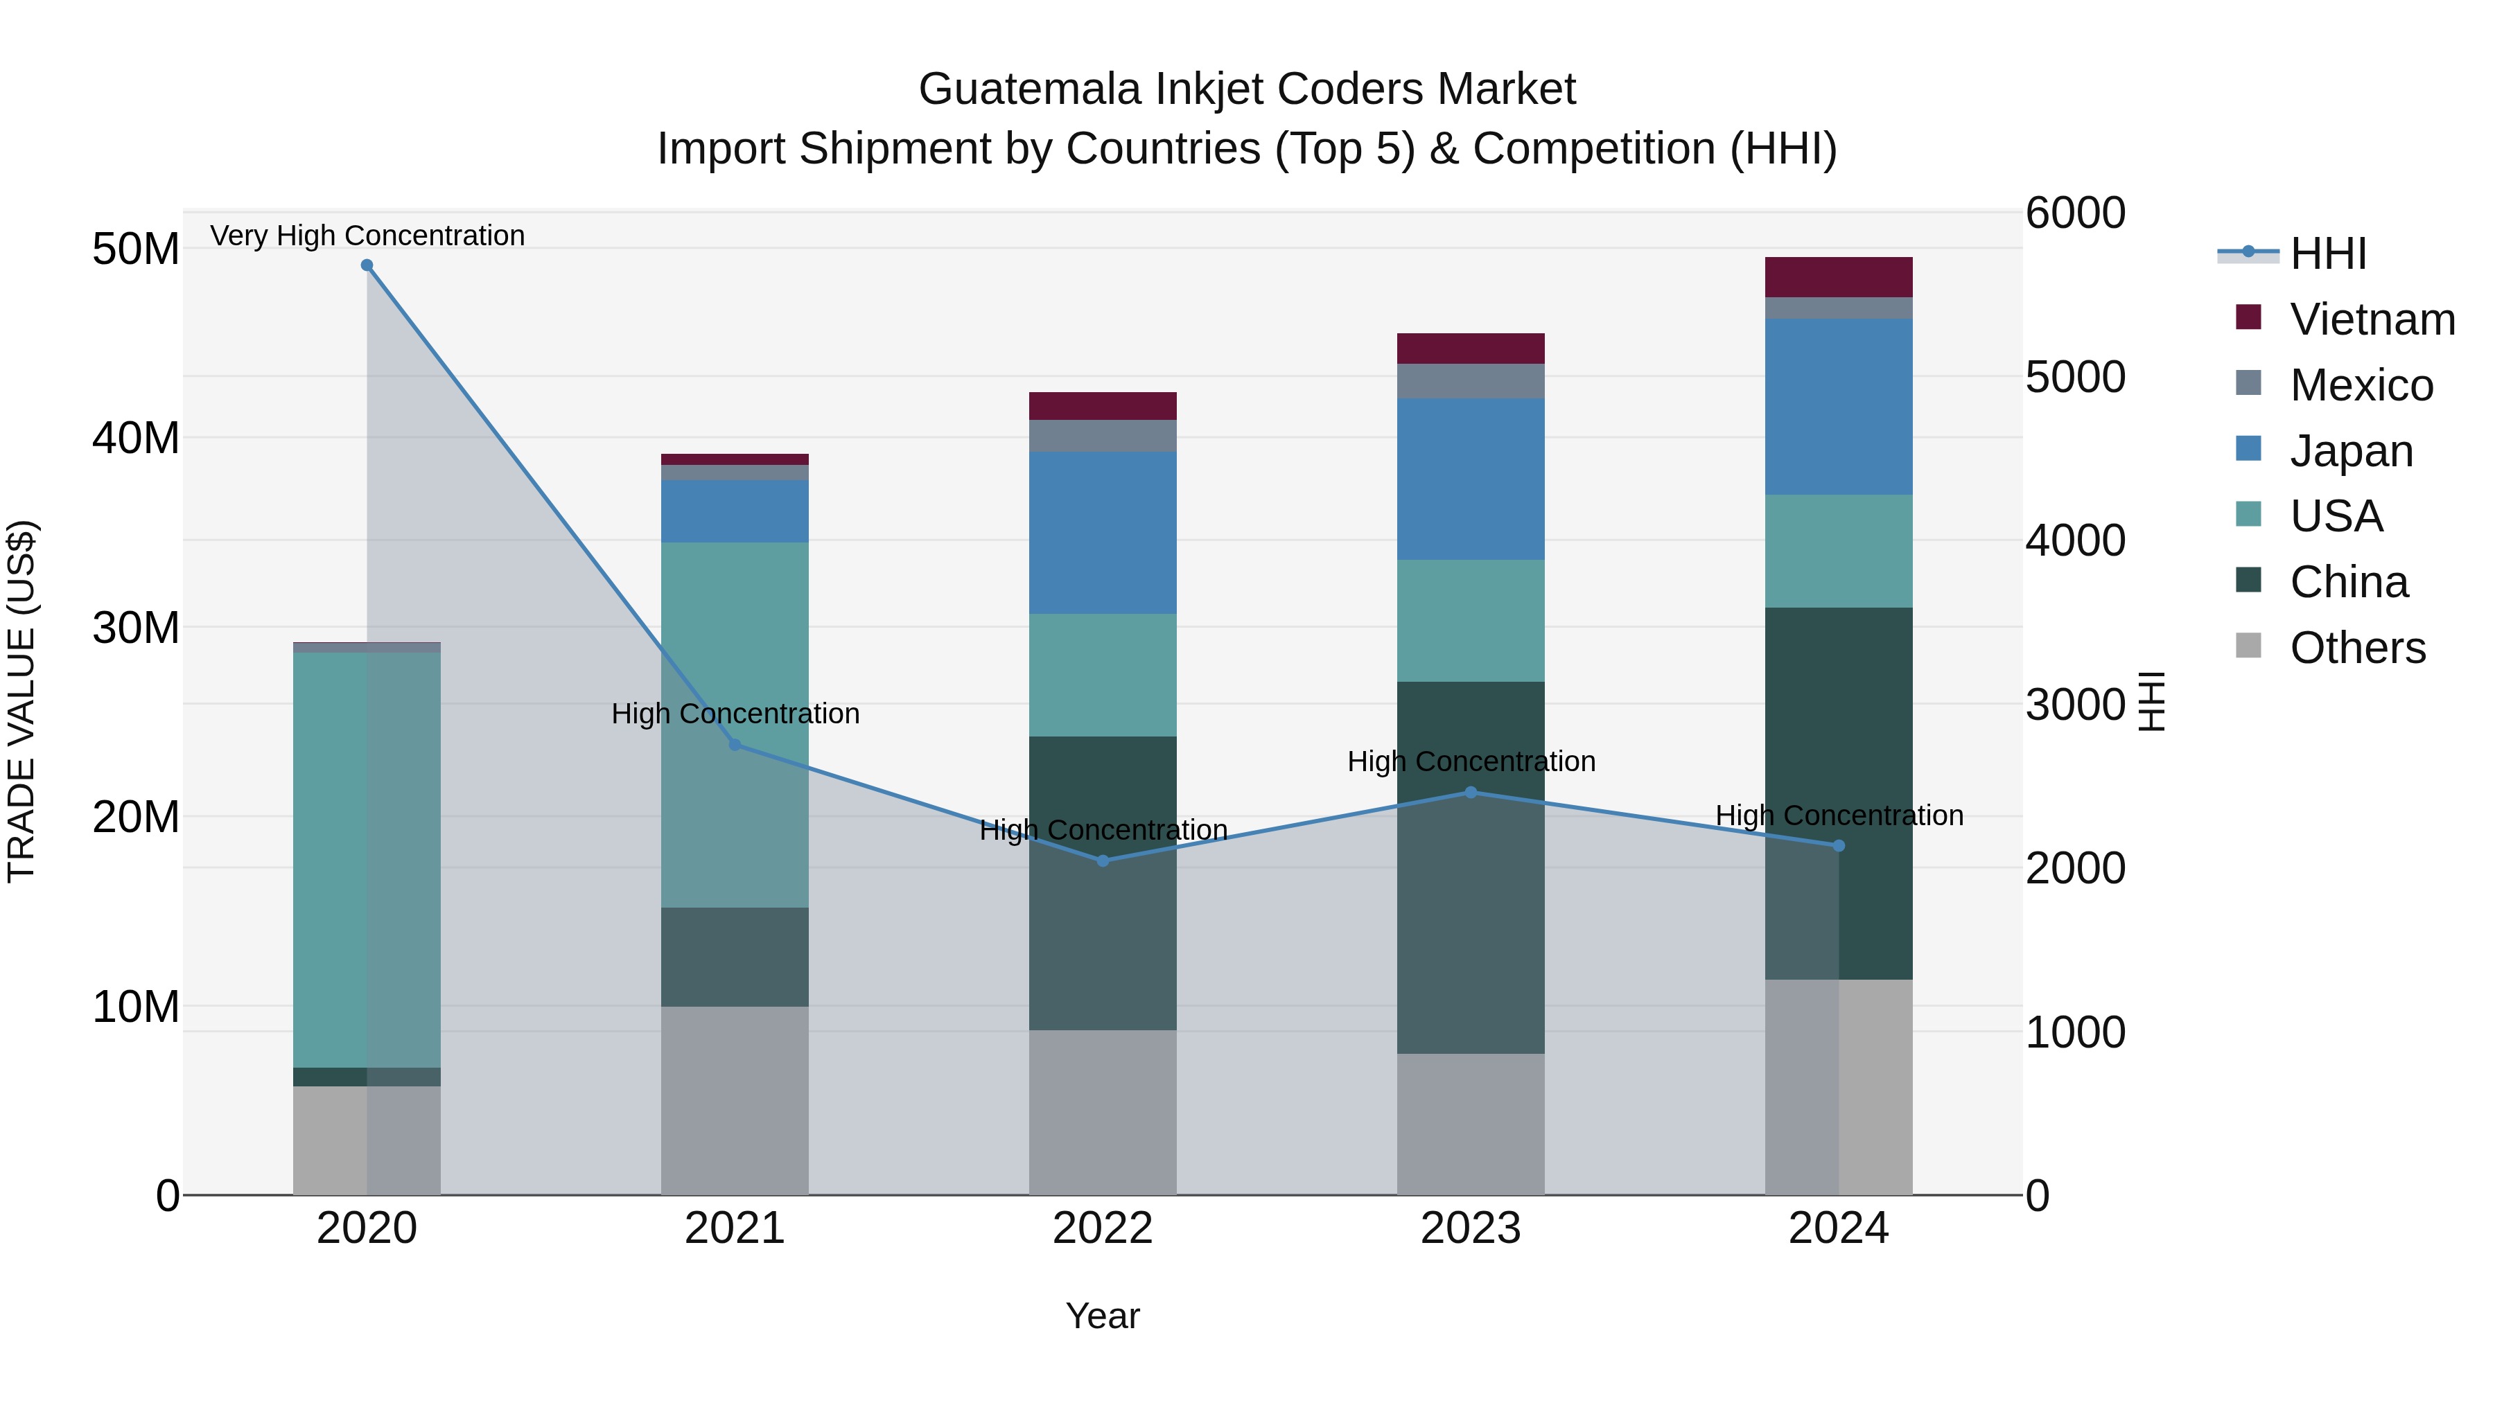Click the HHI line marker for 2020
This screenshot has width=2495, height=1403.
pos(367,265)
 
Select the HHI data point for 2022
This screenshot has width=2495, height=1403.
pos(1102,861)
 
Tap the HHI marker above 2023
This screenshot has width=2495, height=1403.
pos(1470,792)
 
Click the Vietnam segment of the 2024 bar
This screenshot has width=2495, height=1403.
pos(1837,277)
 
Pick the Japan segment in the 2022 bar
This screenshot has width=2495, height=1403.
pos(1102,533)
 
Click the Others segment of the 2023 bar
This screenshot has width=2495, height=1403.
pos(1470,1123)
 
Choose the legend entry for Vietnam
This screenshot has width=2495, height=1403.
pos(2372,319)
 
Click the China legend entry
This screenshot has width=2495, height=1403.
pos(2348,582)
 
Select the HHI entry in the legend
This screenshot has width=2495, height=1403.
pos(2327,254)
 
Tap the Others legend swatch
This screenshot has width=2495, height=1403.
pos(2248,646)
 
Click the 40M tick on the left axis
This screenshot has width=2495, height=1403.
pos(136,438)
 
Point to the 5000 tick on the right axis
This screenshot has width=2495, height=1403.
pos(2074,377)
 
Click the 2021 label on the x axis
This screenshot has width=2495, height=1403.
pos(734,1228)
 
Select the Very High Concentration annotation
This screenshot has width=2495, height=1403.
pos(367,236)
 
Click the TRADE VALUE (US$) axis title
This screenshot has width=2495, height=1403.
pos(21,701)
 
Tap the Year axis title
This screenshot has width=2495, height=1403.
pos(1102,1316)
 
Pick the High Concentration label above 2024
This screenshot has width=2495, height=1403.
pos(1838,815)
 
